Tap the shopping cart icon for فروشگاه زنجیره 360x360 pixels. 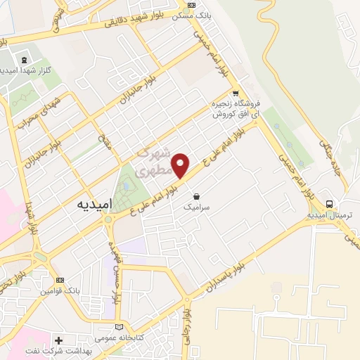[x=236, y=93]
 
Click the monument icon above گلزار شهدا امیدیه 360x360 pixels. [x=25, y=60]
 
